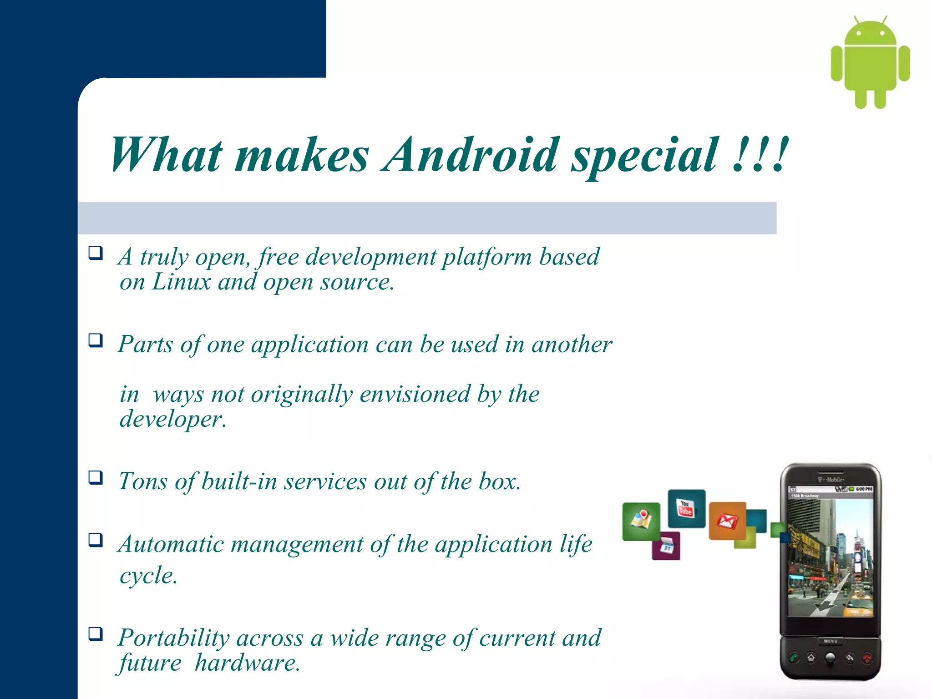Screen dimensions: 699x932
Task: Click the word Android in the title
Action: [x=470, y=155]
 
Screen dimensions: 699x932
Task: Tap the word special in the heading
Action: [x=644, y=157]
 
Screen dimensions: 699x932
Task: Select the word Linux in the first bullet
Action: [x=181, y=282]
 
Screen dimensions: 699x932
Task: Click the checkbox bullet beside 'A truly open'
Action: [x=96, y=253]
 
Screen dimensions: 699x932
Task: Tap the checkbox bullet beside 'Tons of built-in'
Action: [x=96, y=477]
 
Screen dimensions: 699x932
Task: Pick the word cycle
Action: [x=148, y=576]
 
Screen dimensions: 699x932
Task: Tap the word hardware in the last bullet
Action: [x=247, y=663]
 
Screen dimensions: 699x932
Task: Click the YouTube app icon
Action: [x=686, y=508]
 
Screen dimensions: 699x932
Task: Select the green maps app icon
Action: [x=641, y=521]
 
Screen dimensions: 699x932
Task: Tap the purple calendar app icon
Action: [x=666, y=546]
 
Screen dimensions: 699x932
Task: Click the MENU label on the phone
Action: [x=831, y=641]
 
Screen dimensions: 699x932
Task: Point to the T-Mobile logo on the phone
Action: [x=831, y=480]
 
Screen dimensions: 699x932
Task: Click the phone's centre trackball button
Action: [x=831, y=658]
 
